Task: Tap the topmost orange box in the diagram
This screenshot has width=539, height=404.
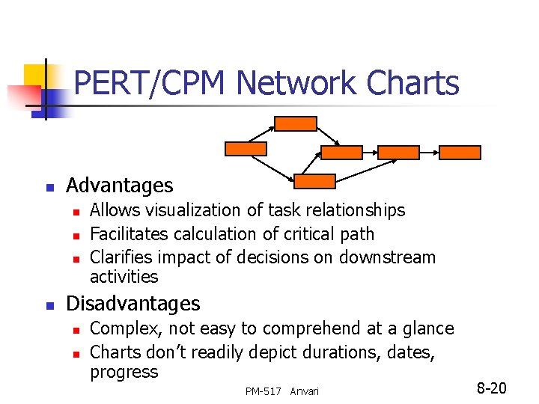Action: coord(296,123)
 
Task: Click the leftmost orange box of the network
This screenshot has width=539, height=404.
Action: coord(246,147)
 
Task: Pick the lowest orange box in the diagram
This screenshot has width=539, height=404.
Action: coord(314,181)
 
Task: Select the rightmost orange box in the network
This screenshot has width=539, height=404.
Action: coord(460,153)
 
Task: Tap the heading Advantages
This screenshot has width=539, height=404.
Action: coord(120,186)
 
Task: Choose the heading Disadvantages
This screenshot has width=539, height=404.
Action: coord(133,304)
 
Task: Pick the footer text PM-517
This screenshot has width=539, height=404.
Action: coord(263,392)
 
